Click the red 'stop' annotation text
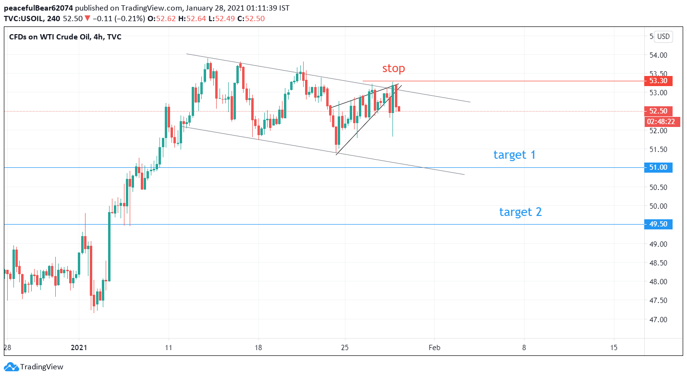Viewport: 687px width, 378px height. [x=393, y=68]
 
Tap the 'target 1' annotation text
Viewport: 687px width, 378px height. [x=514, y=155]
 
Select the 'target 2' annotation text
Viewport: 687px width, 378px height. [x=520, y=212]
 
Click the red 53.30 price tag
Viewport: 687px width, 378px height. [x=658, y=81]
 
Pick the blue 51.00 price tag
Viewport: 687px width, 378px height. [x=658, y=167]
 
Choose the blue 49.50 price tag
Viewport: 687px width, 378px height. [x=658, y=224]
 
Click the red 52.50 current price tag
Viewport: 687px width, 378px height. [x=658, y=111]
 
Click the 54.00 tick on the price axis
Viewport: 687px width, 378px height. [x=658, y=55]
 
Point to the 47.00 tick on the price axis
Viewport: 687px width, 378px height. [x=658, y=319]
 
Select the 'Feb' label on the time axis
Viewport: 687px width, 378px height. [x=434, y=347]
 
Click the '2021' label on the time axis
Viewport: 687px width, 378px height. [x=79, y=347]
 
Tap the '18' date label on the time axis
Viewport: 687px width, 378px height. [x=258, y=347]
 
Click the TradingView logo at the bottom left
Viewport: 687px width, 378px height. [x=34, y=367]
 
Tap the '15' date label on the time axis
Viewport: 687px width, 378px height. [x=614, y=347]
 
